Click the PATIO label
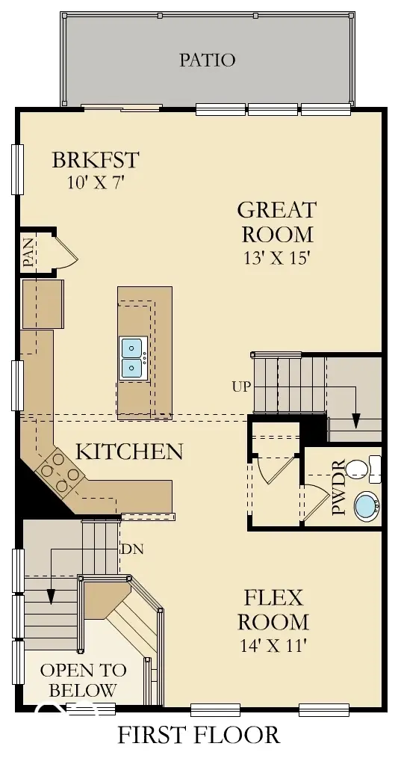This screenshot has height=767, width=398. [x=207, y=60]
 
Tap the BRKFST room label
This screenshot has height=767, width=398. [x=96, y=160]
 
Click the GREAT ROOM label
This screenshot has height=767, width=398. [x=276, y=221]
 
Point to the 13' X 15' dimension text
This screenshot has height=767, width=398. [x=276, y=259]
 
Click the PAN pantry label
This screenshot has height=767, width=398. [x=28, y=253]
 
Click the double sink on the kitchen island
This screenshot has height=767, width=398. [x=132, y=358]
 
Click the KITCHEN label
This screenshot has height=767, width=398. [x=129, y=452]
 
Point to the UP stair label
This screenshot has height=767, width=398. [x=241, y=386]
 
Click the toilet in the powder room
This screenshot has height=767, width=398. [x=364, y=469]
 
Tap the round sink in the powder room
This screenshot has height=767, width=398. [x=366, y=506]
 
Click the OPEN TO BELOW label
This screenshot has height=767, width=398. [x=83, y=680]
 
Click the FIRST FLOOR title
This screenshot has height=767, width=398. [x=199, y=736]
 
